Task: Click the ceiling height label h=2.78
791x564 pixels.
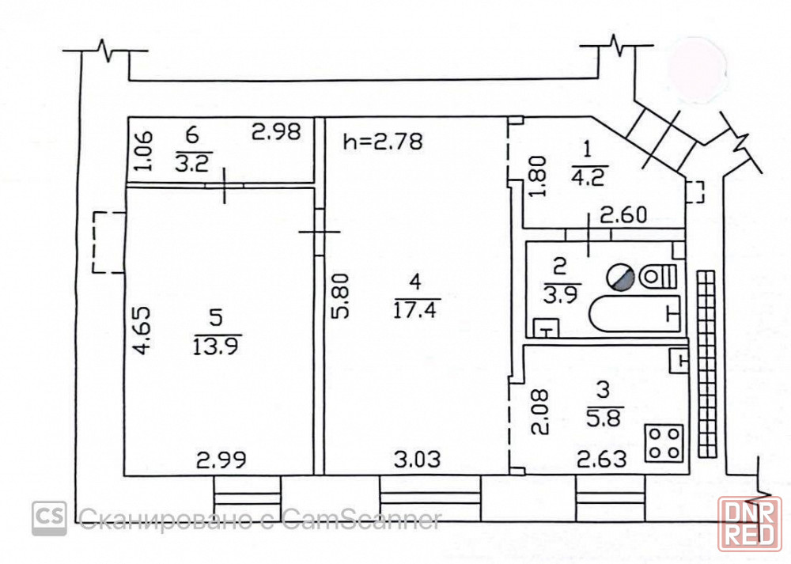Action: click(383, 142)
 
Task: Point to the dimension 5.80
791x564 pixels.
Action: click(340, 296)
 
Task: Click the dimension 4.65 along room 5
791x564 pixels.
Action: click(142, 331)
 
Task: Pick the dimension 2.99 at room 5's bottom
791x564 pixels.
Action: click(221, 460)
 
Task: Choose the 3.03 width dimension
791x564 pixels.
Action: click(417, 460)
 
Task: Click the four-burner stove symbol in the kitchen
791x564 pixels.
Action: click(664, 444)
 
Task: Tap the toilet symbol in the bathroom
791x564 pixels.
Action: click(658, 276)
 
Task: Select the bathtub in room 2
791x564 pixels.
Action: click(634, 314)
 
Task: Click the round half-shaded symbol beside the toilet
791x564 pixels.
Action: click(620, 277)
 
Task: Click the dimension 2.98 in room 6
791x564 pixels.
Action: click(276, 131)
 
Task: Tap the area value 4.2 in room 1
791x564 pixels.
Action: click(589, 177)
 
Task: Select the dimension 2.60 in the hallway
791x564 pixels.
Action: click(623, 215)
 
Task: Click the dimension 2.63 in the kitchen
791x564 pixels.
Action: click(601, 460)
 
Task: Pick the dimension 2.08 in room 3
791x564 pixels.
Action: click(539, 411)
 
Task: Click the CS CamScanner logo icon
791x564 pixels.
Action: click(49, 518)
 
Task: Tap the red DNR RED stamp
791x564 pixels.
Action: click(750, 524)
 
